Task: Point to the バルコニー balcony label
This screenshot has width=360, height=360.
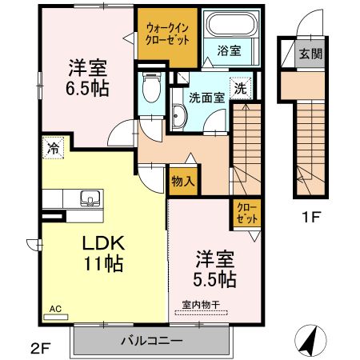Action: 151,340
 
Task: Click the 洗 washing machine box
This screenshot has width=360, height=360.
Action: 239,89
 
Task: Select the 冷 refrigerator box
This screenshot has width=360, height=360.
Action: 52,148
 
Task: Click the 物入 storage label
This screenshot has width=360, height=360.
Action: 183,181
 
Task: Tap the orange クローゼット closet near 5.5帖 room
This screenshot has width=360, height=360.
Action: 245,212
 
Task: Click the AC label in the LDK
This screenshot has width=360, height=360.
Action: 55,308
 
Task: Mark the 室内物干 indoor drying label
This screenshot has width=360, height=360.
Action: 201,303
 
